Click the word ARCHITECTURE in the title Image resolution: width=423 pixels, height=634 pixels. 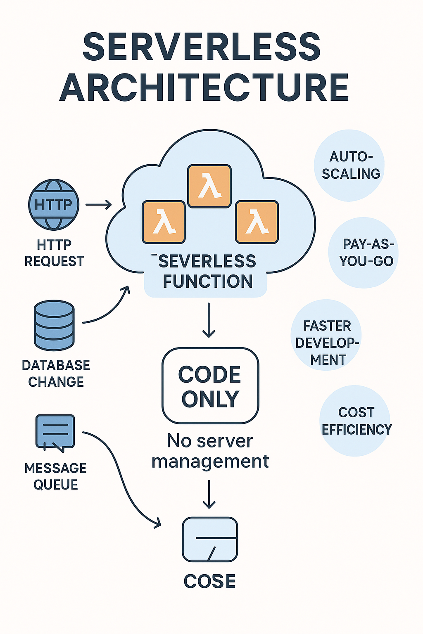(x=204, y=88)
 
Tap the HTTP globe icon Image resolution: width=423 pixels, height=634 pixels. (x=54, y=204)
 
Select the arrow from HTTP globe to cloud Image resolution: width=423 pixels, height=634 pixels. (x=98, y=205)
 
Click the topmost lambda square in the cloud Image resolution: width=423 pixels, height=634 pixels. (x=209, y=186)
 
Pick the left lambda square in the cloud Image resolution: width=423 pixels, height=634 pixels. (x=164, y=222)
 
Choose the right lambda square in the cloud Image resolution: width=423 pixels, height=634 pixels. (x=257, y=222)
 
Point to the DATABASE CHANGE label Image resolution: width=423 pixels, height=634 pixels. (x=56, y=374)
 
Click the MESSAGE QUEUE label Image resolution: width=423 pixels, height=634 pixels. (x=55, y=476)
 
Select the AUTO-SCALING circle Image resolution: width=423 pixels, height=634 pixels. (x=350, y=166)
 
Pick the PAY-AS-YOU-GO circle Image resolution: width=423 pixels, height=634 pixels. (x=364, y=253)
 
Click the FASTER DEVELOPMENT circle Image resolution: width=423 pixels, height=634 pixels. (x=326, y=335)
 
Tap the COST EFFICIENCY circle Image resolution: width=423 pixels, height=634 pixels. (x=355, y=421)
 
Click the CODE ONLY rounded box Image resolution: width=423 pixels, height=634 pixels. (x=210, y=386)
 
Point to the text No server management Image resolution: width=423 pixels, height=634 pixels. (x=210, y=451)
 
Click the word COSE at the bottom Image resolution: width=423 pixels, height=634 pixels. (x=209, y=582)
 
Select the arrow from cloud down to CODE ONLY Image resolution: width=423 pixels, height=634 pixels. (x=209, y=320)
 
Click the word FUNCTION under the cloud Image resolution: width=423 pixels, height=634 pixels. (x=207, y=282)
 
